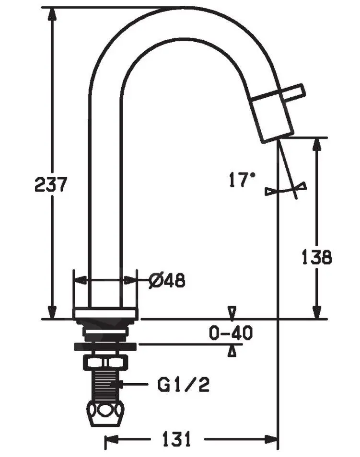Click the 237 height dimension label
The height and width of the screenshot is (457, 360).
click(51, 184)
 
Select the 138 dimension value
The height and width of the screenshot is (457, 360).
click(316, 257)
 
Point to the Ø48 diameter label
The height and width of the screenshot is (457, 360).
click(167, 281)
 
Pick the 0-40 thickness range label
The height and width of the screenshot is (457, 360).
click(231, 332)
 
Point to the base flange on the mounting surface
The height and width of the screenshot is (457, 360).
click(106, 314)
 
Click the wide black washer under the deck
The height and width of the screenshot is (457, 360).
click(105, 347)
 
